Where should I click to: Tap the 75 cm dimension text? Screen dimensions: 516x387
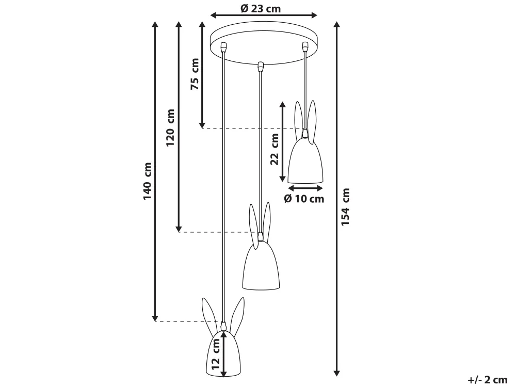pyautogui.click(x=195, y=74)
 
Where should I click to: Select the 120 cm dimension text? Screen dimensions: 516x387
pyautogui.click(x=170, y=128)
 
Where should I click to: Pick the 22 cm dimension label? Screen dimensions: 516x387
pyautogui.click(x=275, y=149)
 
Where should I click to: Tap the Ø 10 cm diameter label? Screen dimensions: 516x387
pyautogui.click(x=304, y=199)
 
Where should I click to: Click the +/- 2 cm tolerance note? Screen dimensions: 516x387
pyautogui.click(x=488, y=380)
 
